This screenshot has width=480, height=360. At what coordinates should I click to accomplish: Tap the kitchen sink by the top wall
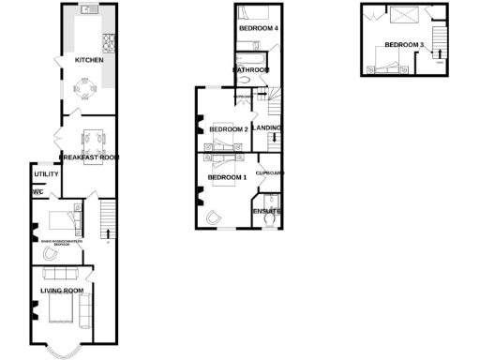pyautogui.click(x=89, y=9)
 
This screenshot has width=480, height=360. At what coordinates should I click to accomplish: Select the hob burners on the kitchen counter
pyautogui.click(x=107, y=42)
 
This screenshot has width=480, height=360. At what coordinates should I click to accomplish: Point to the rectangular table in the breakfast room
pyautogui.click(x=94, y=139)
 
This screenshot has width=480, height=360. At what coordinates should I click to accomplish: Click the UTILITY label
pyautogui.click(x=47, y=174)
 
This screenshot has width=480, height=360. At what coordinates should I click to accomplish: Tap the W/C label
pyautogui.click(x=38, y=192)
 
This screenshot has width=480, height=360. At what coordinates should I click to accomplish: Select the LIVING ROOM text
pyautogui.click(x=62, y=291)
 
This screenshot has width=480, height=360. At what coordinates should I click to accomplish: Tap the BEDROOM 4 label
pyautogui.click(x=257, y=29)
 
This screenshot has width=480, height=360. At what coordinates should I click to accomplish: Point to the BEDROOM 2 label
pyautogui.click(x=228, y=129)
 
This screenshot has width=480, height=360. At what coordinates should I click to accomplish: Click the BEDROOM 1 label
pyautogui.click(x=226, y=177)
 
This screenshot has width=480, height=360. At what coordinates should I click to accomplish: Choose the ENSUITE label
pyautogui.click(x=266, y=211)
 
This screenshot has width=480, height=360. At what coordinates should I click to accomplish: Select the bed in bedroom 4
pyautogui.click(x=251, y=13)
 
